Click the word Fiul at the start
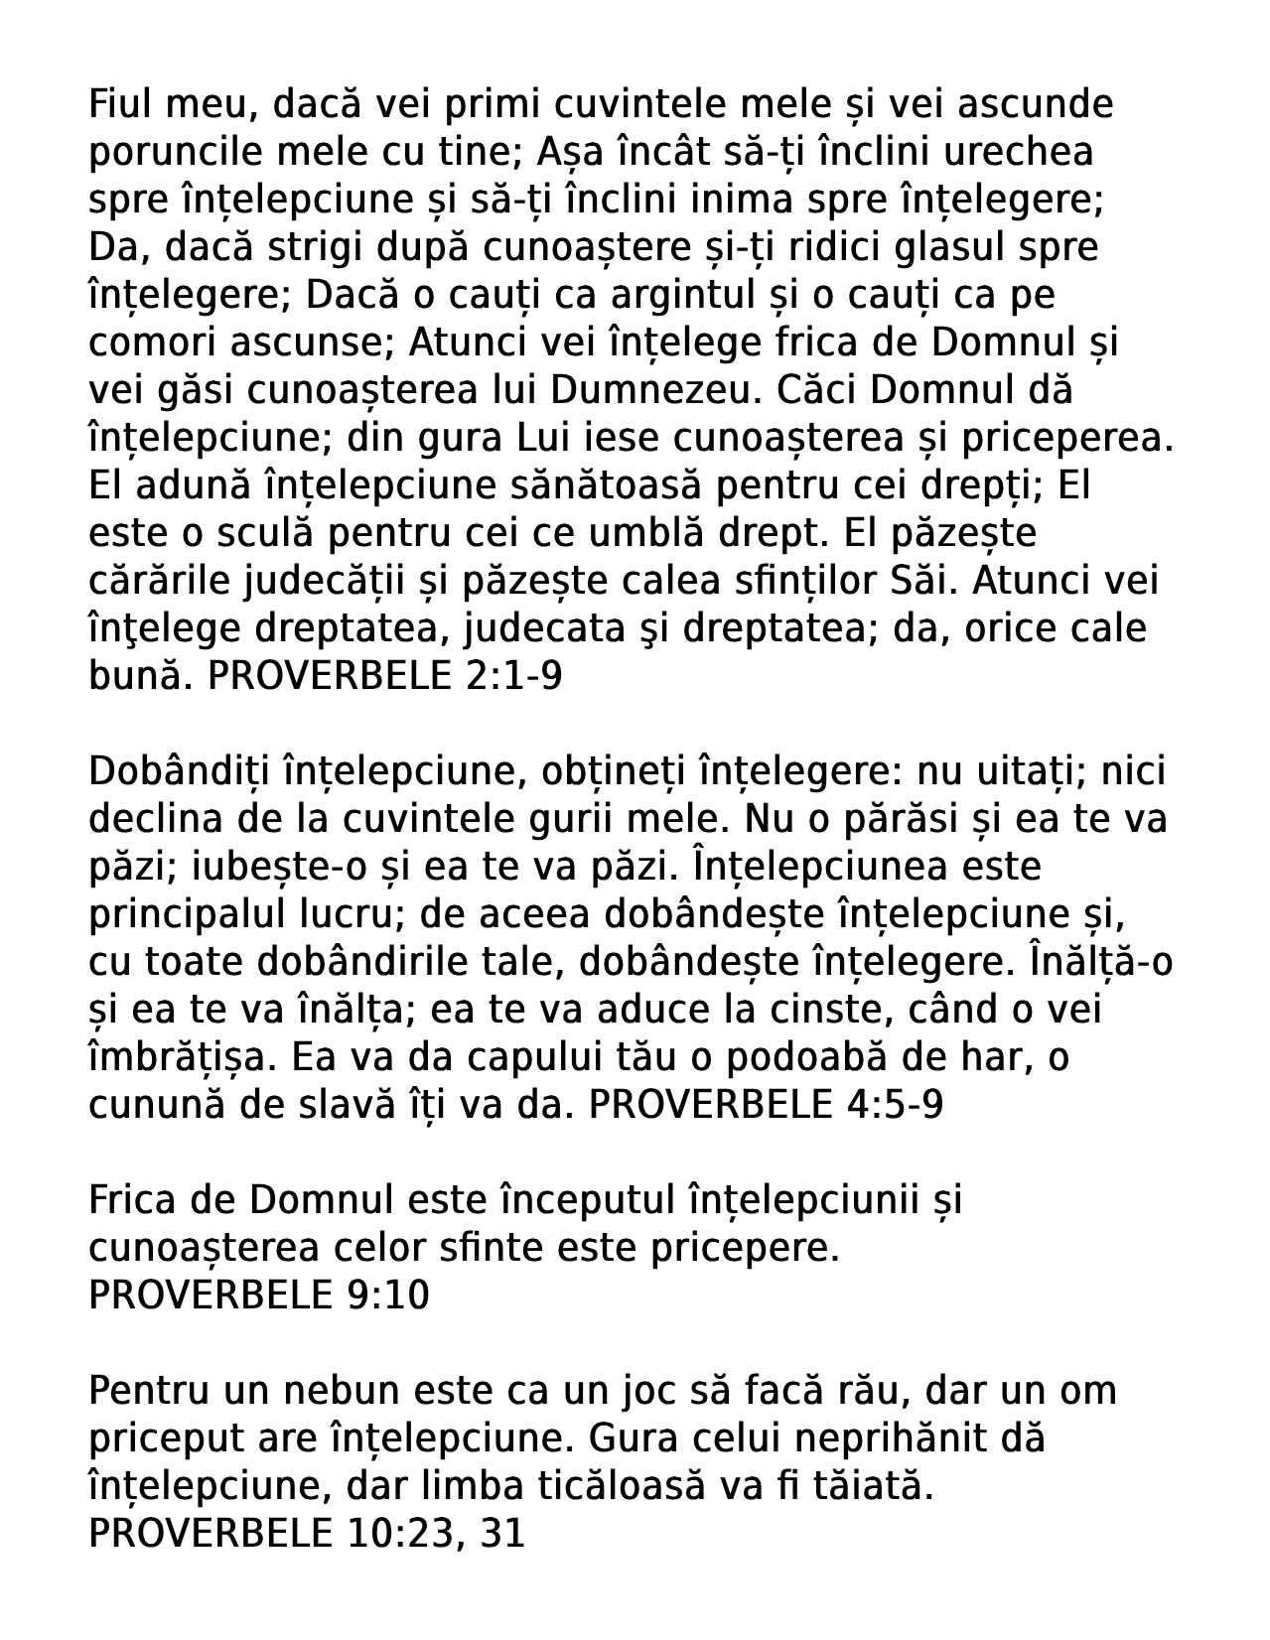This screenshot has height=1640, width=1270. click(x=118, y=103)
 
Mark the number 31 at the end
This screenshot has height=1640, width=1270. click(x=501, y=1534)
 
